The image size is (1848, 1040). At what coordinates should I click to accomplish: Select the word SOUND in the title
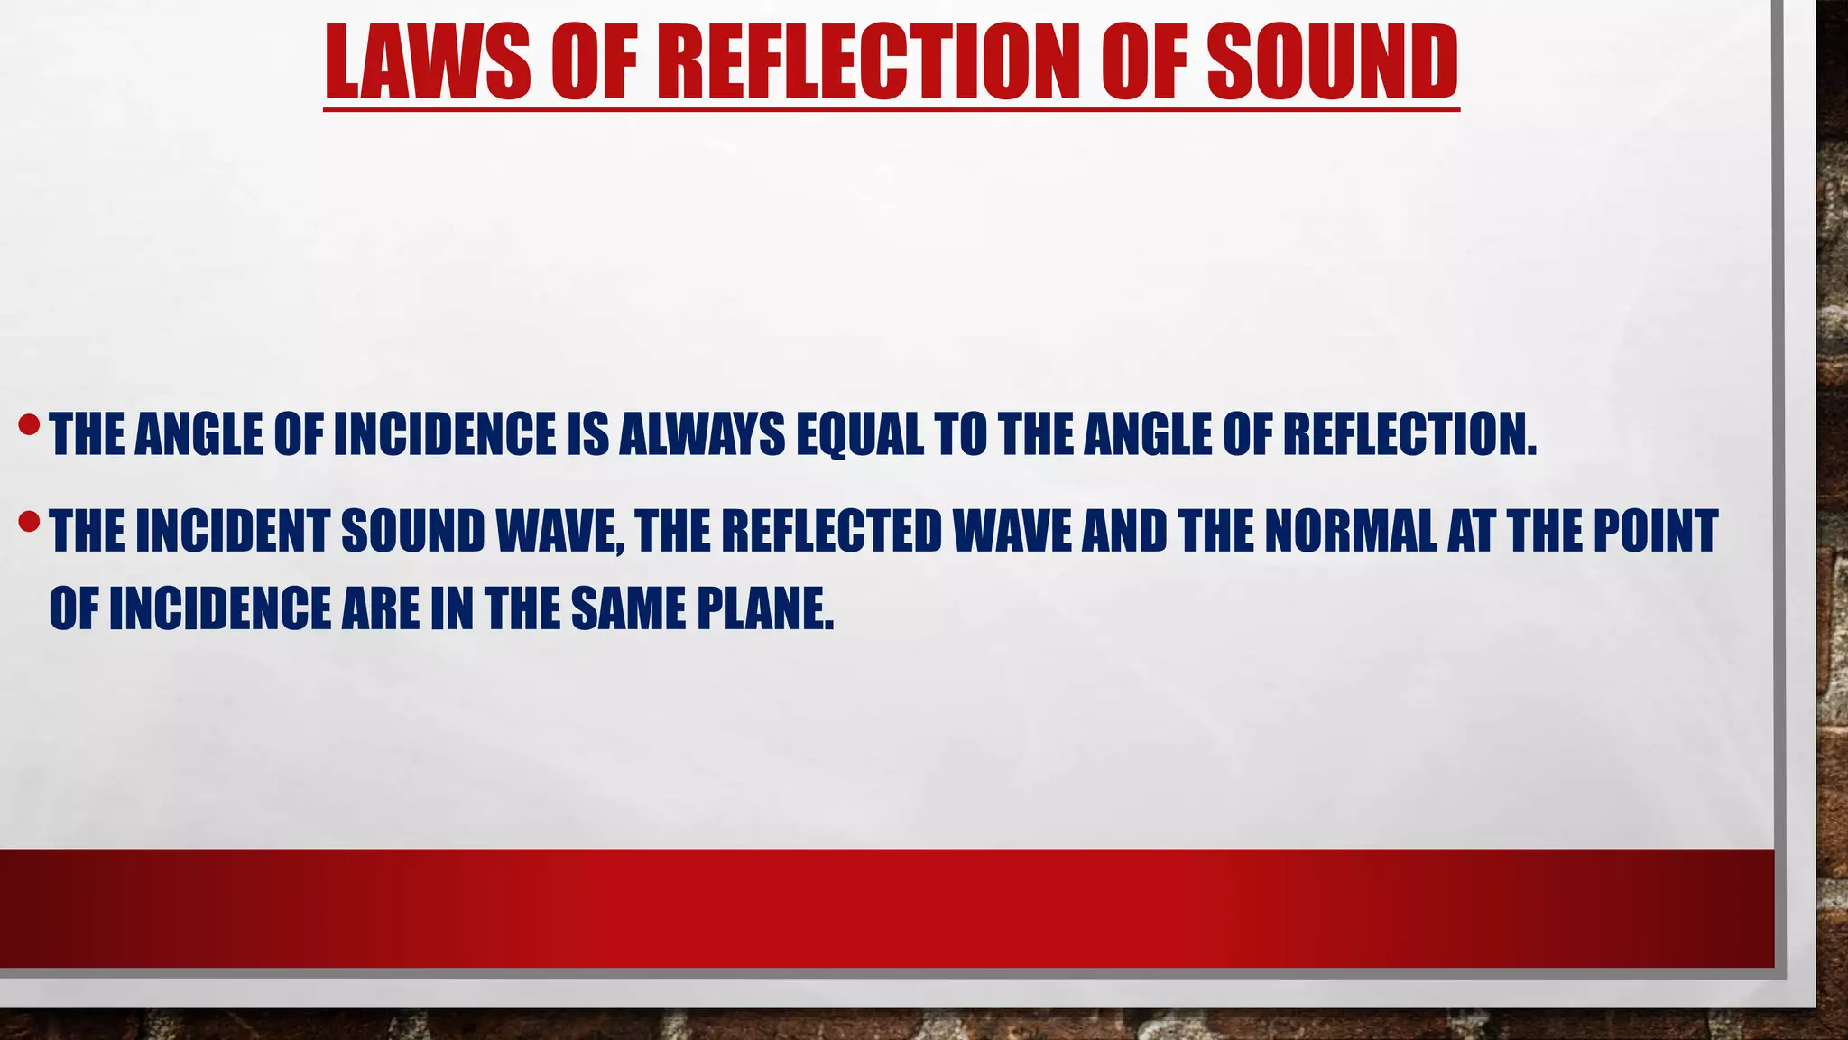(x=1332, y=62)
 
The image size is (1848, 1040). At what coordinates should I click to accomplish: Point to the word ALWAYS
(x=702, y=434)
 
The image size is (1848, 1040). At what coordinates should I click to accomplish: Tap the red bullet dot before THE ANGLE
(x=30, y=423)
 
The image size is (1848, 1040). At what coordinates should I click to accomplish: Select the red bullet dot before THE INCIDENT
(x=30, y=521)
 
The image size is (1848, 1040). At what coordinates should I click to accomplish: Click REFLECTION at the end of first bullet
(x=1409, y=434)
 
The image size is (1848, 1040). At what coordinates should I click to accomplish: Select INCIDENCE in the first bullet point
(x=445, y=434)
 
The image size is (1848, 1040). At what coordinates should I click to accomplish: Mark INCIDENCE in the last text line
(x=220, y=608)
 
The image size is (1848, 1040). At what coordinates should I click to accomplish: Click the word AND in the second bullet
(x=1124, y=531)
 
